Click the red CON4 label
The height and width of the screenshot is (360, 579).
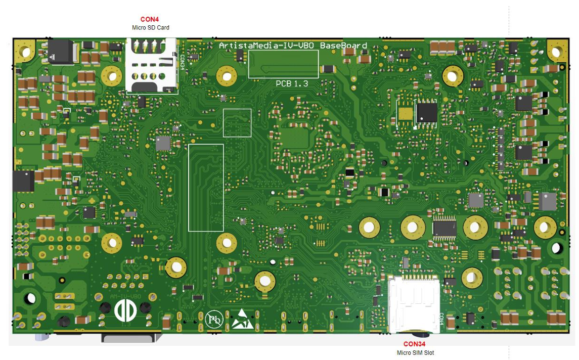(x=150, y=19)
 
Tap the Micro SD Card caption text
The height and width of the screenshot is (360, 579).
(x=150, y=27)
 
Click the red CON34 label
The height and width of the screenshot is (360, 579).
(x=415, y=344)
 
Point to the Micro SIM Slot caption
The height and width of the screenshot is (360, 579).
(x=415, y=353)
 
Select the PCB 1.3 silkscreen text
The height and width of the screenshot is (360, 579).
(x=292, y=83)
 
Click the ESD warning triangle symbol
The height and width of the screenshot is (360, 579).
(x=243, y=319)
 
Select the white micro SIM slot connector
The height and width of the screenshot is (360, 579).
(x=414, y=303)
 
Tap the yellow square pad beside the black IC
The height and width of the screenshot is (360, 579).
(x=406, y=113)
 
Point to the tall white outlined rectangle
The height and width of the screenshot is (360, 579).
(x=206, y=188)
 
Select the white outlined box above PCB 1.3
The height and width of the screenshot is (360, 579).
(x=283, y=64)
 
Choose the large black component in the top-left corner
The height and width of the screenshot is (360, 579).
(x=61, y=51)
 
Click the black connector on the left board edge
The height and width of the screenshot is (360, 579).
(x=23, y=181)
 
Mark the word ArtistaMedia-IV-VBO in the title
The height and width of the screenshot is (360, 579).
(x=268, y=46)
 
